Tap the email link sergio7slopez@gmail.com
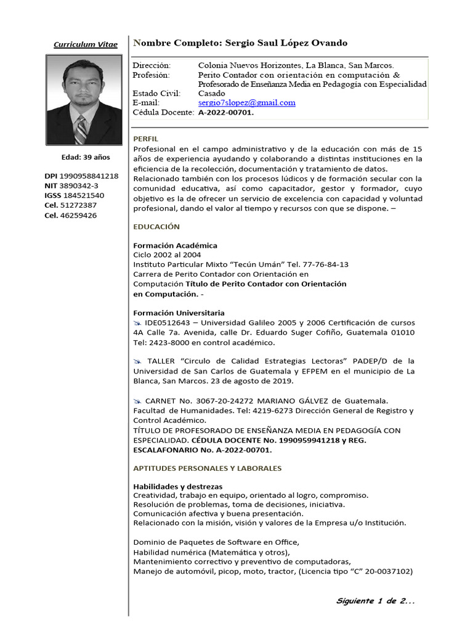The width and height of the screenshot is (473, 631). pos(246,103)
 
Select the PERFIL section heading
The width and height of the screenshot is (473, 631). pos(146,139)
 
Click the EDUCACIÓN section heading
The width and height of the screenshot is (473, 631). pos(156,227)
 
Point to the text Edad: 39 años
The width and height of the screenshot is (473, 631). pos(85,157)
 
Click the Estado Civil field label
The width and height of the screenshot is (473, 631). pos(156,93)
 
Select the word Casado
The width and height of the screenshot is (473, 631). pos(211,93)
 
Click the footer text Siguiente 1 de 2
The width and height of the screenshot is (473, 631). pos(376,601)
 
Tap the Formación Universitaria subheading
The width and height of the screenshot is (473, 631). pos(179,313)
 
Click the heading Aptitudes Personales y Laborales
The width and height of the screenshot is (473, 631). pos(208,468)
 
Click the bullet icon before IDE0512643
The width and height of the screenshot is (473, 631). pos(137,323)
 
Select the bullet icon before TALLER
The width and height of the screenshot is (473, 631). pos(137,361)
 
